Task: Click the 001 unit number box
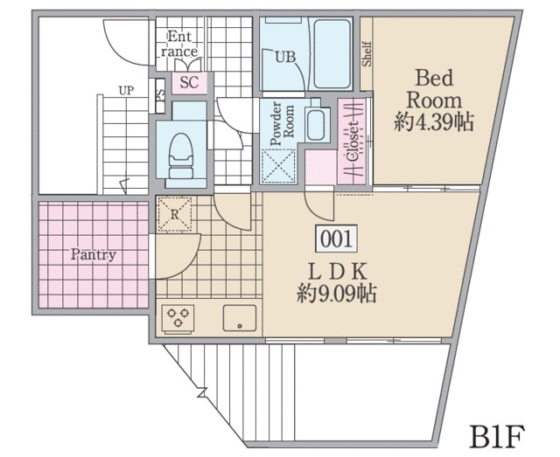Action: coord(336,239)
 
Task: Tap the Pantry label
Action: coord(94,255)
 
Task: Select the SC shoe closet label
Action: coord(189,82)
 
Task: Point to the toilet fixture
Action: coord(181,156)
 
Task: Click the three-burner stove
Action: coord(178,319)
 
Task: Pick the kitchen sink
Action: coord(240,318)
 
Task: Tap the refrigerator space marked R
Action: coord(175,214)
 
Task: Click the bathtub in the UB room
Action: coord(332,54)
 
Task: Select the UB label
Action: coord(285,57)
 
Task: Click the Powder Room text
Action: coord(282,123)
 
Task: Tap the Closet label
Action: coord(353,142)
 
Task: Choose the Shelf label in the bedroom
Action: coord(367,54)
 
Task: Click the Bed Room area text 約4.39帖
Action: coord(434,122)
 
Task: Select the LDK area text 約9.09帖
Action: coord(337,294)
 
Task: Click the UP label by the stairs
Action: coord(126,91)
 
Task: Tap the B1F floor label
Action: coord(497,436)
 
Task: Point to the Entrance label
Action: coord(179,44)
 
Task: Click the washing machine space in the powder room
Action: coord(278,166)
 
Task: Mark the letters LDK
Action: coord(337,273)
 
